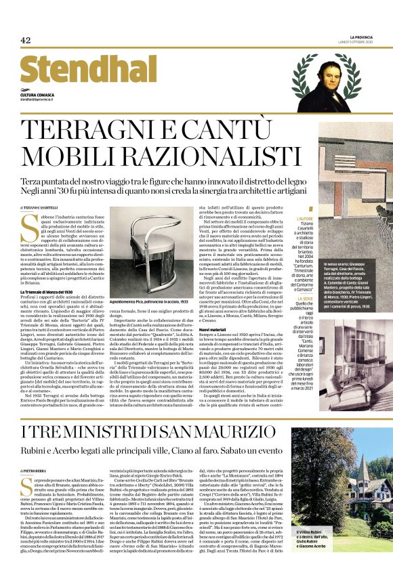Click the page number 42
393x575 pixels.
pos(26,40)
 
